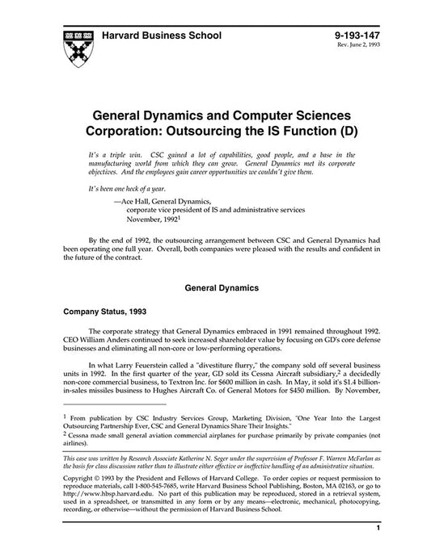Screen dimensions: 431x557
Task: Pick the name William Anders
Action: click(104, 341)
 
